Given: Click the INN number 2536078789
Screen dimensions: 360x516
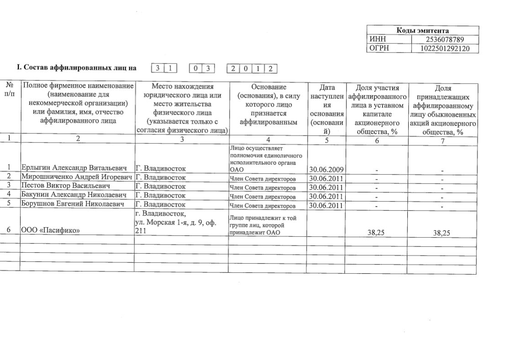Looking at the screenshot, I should [444, 40].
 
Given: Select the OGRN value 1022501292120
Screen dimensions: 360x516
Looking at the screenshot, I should [444, 48].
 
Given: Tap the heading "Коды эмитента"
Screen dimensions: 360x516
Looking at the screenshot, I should [422, 31].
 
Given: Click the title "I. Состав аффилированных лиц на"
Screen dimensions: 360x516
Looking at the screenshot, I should [76, 68].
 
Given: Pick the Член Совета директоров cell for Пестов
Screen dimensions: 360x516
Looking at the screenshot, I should [262, 187].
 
